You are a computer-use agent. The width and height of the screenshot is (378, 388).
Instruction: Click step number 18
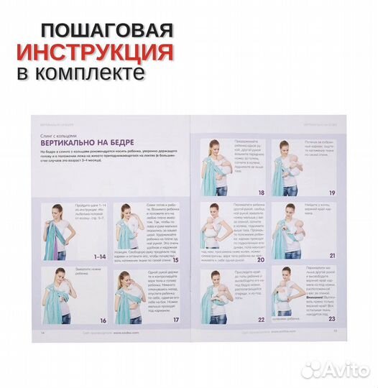pyautogui.click(x=260, y=193)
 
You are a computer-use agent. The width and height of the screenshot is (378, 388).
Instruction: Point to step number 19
pyautogui.click(x=332, y=193)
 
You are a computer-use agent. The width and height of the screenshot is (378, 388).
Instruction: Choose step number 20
pyautogui.click(x=260, y=259)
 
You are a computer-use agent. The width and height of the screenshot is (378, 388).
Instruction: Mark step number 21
pyautogui.click(x=332, y=255)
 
